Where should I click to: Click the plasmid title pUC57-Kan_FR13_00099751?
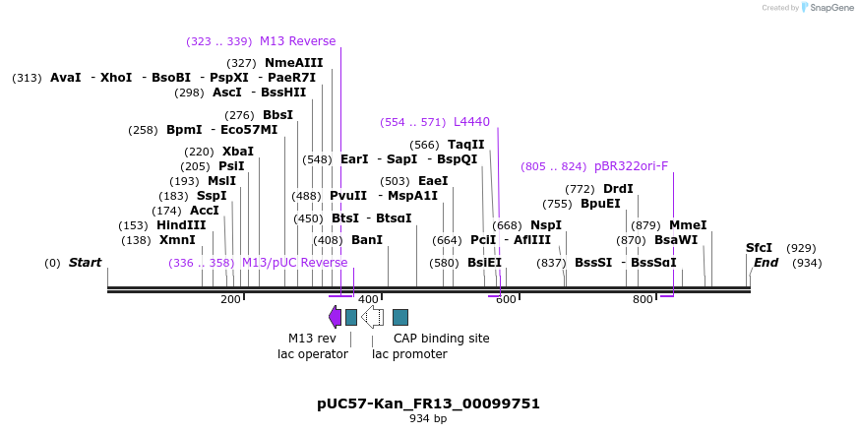[x=428, y=403]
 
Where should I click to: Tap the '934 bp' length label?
[x=428, y=419]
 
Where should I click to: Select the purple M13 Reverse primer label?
[x=297, y=41]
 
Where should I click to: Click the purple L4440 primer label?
[x=471, y=122]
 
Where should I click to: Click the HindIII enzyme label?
[x=181, y=225]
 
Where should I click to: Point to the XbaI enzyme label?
[x=237, y=152]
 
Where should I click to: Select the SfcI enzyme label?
[x=759, y=248]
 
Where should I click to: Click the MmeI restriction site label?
[x=688, y=224]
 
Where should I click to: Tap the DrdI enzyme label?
[x=618, y=189]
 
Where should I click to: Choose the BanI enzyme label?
[x=367, y=240]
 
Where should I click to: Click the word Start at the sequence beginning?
[x=85, y=263]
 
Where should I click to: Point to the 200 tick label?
[x=230, y=299]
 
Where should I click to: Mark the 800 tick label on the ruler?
[x=643, y=299]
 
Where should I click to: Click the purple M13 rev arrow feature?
[x=335, y=316]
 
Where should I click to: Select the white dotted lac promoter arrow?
[x=372, y=316]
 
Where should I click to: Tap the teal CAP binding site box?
[x=400, y=317]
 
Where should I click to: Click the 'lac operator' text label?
[x=313, y=354]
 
